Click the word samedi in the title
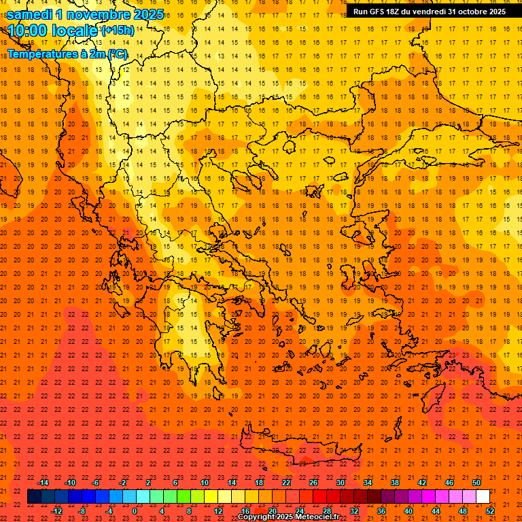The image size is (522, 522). point(30,14)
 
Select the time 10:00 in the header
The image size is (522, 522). point(31,31)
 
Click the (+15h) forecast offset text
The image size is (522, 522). point(117,31)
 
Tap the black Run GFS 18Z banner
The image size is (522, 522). point(429,12)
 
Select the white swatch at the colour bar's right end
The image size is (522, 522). point(483,497)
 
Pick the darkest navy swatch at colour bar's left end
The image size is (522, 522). point(34,497)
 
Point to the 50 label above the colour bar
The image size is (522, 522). point(476,483)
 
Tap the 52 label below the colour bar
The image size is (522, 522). point(490,511)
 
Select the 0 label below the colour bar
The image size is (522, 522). point(135,511)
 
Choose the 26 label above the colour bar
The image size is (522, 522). point(313,483)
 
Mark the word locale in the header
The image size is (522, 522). point(76,31)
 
